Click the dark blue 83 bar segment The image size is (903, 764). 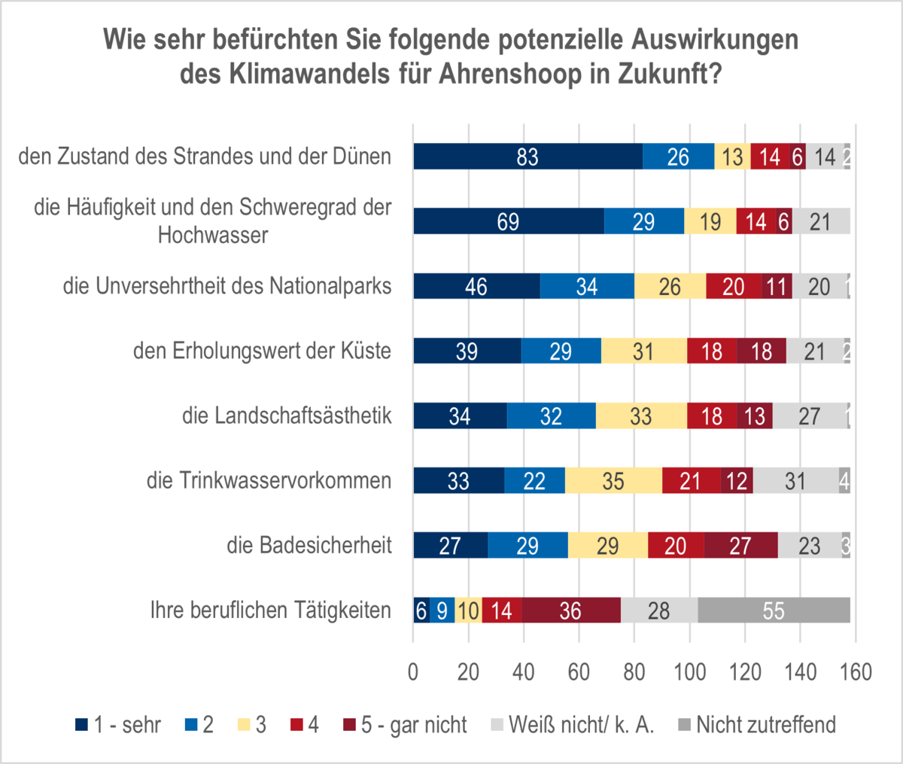pos(528,157)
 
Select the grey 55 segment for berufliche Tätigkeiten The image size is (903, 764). pos(774,610)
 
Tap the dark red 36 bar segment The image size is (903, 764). pos(570,610)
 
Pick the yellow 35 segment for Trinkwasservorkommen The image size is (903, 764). pos(613,481)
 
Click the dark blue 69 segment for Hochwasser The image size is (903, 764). pos(508,221)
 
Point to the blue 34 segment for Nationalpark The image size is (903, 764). pos(587,286)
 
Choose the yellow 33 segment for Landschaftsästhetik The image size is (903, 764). pos(641,416)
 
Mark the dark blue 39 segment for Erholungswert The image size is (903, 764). pos(467,352)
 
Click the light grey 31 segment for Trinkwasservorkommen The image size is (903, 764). pos(795,481)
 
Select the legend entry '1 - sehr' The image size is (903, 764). pos(119,725)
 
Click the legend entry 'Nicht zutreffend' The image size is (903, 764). pos(756,725)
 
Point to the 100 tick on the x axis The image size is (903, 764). pos(689,671)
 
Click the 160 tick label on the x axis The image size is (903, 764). pos(856,671)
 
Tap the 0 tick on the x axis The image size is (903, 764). pos(413,671)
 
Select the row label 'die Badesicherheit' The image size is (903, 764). pos(309,545)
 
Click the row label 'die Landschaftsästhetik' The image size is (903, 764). pos(287,415)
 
